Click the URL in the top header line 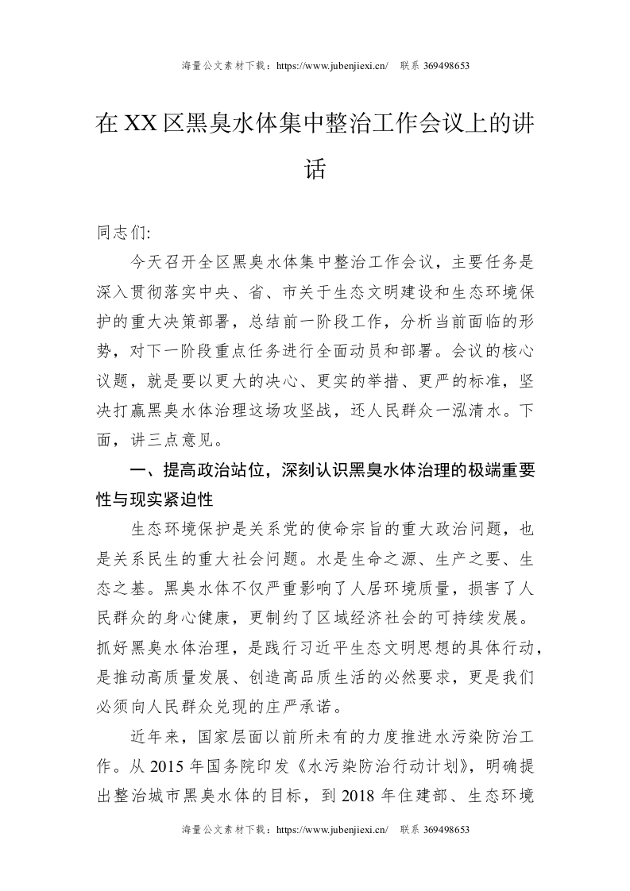330,66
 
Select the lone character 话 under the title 315,168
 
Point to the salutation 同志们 118,233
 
